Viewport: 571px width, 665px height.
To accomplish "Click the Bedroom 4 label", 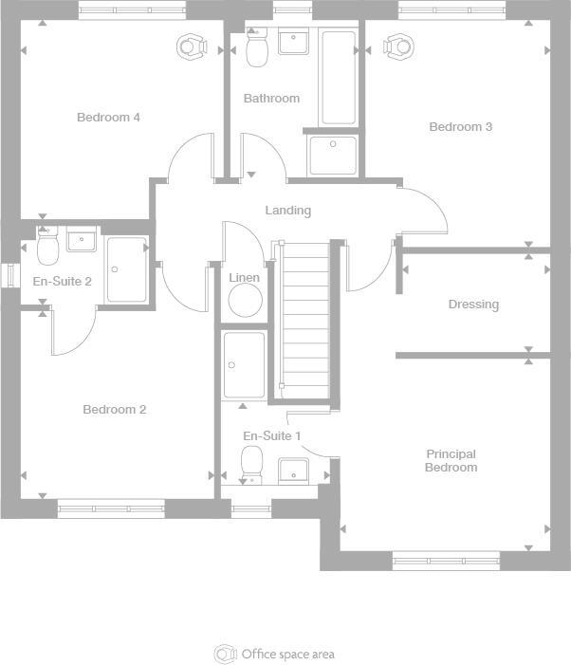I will (x=108, y=118).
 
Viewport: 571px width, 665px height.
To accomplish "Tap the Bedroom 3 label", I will (x=460, y=127).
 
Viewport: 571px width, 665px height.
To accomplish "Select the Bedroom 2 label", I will (x=114, y=410).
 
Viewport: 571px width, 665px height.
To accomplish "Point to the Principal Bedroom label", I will (x=451, y=461).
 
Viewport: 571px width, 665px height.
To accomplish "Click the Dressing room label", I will (x=473, y=305).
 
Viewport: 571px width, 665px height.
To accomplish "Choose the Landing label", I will (x=287, y=211).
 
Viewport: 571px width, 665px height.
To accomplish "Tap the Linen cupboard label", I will (x=245, y=278).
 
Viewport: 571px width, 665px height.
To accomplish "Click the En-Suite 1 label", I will (x=272, y=435).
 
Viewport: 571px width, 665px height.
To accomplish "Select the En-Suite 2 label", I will (x=62, y=282).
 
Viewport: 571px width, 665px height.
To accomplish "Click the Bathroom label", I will (x=271, y=99).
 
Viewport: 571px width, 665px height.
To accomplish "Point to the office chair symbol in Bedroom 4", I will (x=192, y=46).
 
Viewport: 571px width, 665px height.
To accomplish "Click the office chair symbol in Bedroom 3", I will (x=399, y=46).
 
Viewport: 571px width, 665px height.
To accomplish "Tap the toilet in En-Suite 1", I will (x=252, y=464).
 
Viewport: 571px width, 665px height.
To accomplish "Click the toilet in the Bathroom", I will (x=257, y=48).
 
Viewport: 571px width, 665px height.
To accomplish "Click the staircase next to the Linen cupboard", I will (x=304, y=323).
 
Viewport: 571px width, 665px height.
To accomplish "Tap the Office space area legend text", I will (x=287, y=655).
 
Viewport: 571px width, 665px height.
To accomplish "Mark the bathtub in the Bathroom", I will (x=338, y=78).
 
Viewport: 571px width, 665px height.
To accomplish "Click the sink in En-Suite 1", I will (x=293, y=470).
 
